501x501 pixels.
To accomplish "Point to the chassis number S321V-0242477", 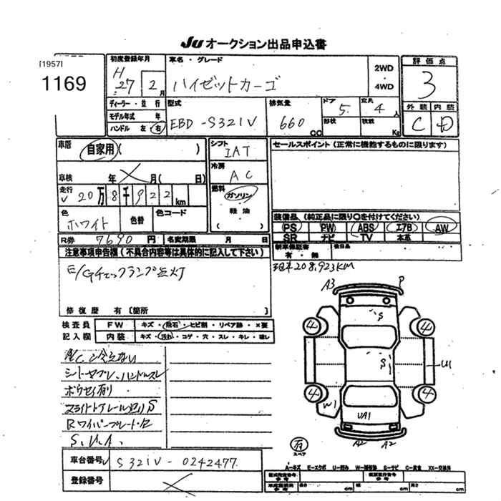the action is tap(176, 463).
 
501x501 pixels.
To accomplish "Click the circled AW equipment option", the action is tap(440, 227).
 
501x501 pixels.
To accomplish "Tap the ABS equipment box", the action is tap(366, 227).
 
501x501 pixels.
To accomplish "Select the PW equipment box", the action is tap(328, 227).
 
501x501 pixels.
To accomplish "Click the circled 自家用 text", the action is tap(100, 151).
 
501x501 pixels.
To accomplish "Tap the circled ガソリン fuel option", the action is tap(236, 195).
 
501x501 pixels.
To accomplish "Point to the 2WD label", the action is tap(384, 69).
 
